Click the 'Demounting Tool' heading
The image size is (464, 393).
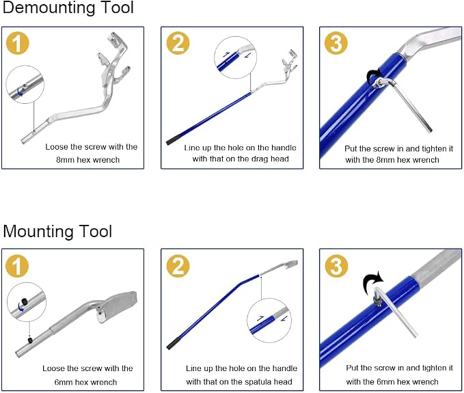click(68, 8)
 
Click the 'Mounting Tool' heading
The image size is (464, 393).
click(57, 231)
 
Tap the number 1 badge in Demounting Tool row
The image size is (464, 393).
click(18, 43)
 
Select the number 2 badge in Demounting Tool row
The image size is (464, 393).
click(178, 43)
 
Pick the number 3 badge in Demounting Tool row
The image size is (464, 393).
click(336, 43)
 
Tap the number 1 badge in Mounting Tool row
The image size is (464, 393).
click(18, 266)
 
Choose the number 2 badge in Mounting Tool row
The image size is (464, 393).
click(178, 266)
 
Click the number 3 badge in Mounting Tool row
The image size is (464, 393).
click(336, 266)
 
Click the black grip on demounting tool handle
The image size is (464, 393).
click(174, 139)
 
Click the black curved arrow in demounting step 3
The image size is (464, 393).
click(374, 76)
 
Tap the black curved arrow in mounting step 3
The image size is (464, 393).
click(372, 282)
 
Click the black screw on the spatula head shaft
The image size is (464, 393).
click(30, 340)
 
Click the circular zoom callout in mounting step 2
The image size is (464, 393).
click(269, 321)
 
